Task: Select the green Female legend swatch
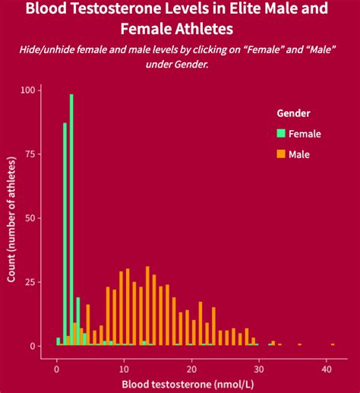(x=281, y=134)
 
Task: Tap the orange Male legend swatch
(x=281, y=154)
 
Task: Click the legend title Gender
(x=292, y=113)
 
